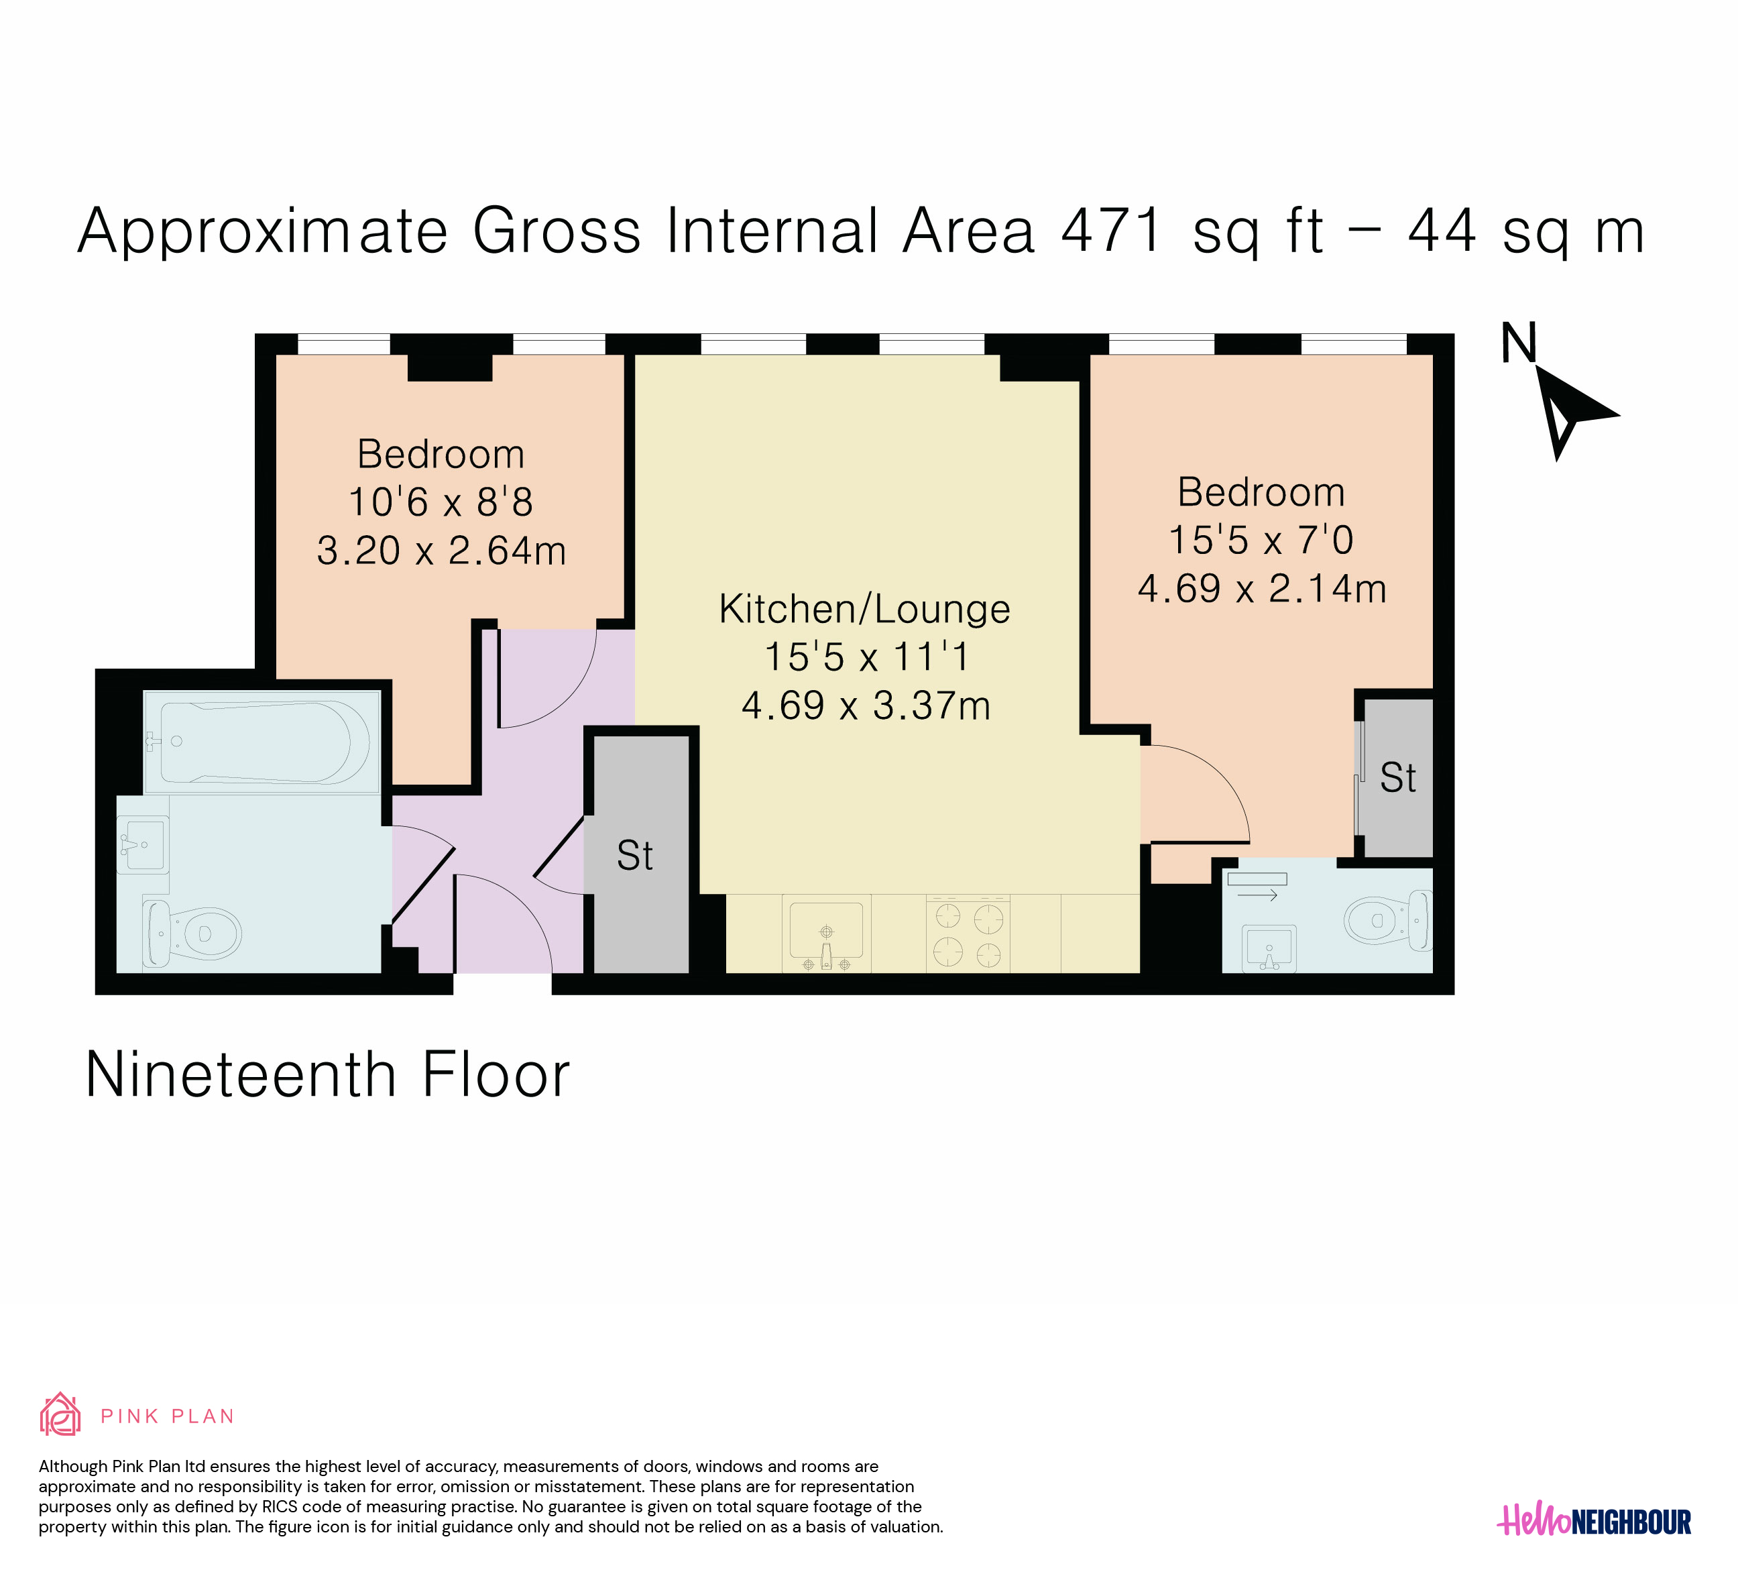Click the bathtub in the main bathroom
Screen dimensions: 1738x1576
pyautogui.click(x=262, y=742)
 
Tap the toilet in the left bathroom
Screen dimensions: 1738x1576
pyautogui.click(x=191, y=933)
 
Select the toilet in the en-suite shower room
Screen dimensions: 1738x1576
pyautogui.click(x=1386, y=921)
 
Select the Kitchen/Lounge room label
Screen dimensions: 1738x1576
pyautogui.click(x=865, y=610)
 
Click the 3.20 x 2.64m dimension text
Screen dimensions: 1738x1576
pyautogui.click(x=441, y=551)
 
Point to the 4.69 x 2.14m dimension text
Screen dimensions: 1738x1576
pyautogui.click(x=1262, y=589)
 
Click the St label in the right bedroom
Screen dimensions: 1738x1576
pyautogui.click(x=1397, y=779)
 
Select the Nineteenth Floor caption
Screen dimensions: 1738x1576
pyautogui.click(x=328, y=1075)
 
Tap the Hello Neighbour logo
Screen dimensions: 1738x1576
pyautogui.click(x=1594, y=1522)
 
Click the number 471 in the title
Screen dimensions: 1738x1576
pyautogui.click(x=1113, y=231)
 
